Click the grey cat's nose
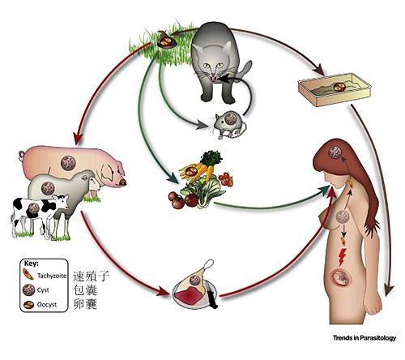(x=213, y=73)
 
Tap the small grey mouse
(x=230, y=126)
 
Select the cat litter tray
(x=335, y=89)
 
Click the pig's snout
(x=123, y=182)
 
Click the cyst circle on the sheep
(x=48, y=188)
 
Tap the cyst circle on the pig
(x=68, y=163)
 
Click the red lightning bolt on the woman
(x=342, y=256)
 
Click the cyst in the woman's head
(x=335, y=152)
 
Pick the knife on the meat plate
(x=211, y=294)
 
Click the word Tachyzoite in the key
(x=52, y=276)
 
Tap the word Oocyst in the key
(x=47, y=305)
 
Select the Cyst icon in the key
(x=28, y=290)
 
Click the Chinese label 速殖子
(x=91, y=276)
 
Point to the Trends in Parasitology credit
(x=364, y=337)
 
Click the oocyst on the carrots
(x=193, y=171)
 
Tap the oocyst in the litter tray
(x=339, y=87)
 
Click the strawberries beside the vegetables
(x=226, y=179)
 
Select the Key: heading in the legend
(x=32, y=264)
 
